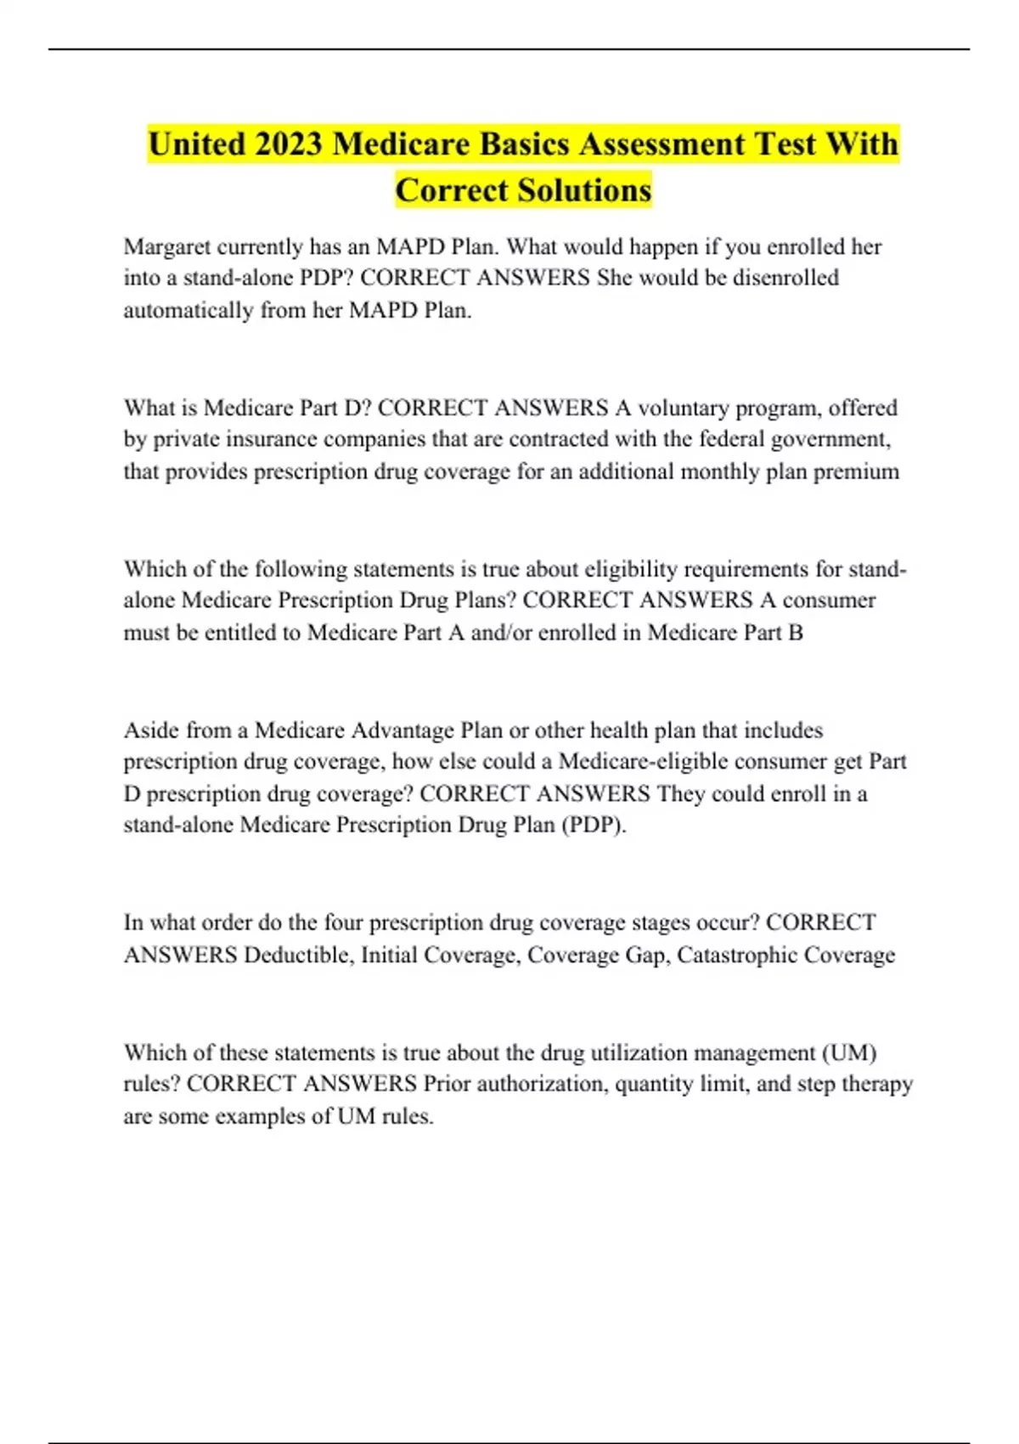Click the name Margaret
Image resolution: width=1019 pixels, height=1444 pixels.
point(166,247)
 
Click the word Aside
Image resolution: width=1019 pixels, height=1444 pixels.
point(149,730)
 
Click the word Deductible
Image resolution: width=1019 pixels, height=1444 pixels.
point(298,955)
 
